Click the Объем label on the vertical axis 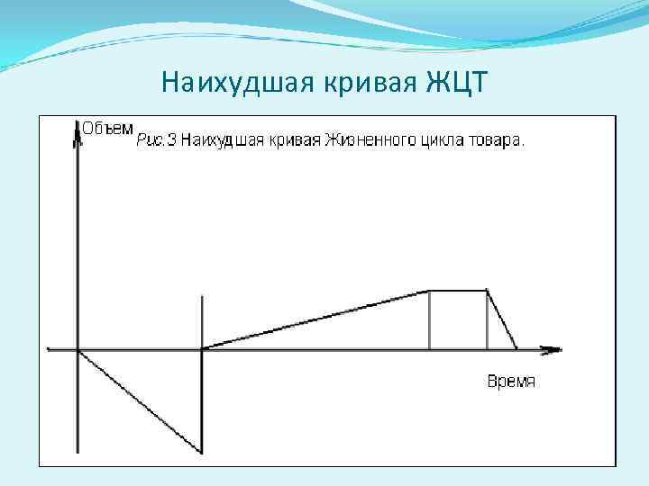109,128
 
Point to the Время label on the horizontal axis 511,381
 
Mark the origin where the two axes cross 78,349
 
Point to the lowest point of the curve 200,451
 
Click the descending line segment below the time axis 140,400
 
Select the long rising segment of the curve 315,319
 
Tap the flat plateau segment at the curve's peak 458,291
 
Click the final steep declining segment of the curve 502,319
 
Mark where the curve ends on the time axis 517,348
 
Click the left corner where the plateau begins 429,291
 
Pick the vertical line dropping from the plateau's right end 487,319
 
